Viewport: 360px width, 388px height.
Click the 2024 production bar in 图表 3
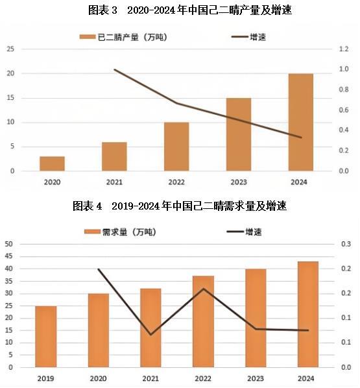(x=301, y=122)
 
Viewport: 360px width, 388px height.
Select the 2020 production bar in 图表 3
(x=52, y=164)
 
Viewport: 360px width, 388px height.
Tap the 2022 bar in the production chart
(x=176, y=147)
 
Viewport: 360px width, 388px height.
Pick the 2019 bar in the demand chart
(x=45, y=336)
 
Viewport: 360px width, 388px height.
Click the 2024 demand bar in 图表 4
(x=308, y=314)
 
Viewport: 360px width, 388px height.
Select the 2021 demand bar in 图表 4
(x=150, y=328)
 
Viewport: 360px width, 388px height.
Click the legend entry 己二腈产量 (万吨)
(x=123, y=37)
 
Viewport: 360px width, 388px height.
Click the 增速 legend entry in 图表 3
(x=249, y=37)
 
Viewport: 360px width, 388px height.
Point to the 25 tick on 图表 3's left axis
(x=11, y=49)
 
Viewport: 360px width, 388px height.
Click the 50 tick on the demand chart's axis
(x=9, y=244)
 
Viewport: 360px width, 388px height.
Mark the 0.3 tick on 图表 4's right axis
(x=346, y=244)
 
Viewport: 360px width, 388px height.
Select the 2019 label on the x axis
(x=45, y=378)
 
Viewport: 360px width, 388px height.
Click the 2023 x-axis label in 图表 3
(x=239, y=182)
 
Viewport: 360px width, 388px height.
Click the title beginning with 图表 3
(x=179, y=10)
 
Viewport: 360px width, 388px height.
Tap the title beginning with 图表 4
(x=179, y=206)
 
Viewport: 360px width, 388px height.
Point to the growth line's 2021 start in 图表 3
(x=114, y=69)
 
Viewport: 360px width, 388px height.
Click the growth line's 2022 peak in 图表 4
(x=203, y=288)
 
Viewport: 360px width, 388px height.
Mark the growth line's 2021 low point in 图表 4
(x=150, y=335)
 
